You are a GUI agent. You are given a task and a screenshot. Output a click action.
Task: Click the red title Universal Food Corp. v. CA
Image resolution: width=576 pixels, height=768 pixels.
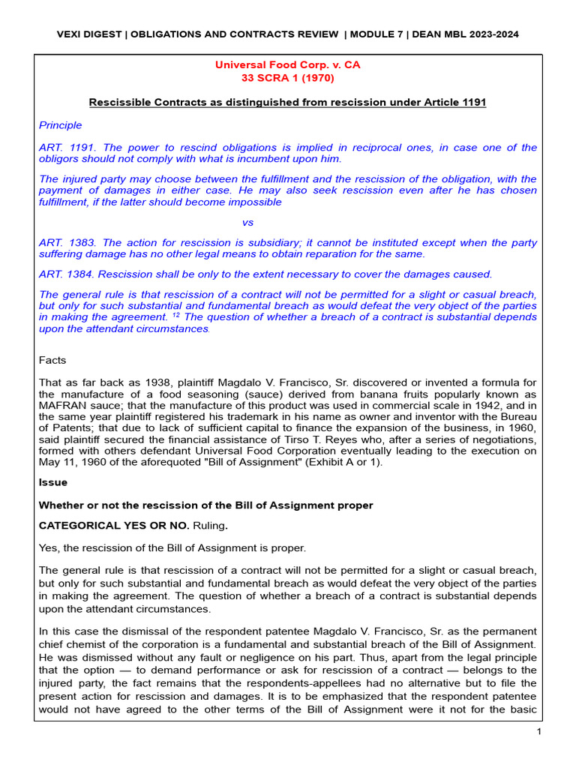click(x=287, y=65)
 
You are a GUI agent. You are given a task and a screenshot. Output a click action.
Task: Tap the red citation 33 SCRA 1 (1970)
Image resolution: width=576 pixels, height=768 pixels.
click(x=287, y=78)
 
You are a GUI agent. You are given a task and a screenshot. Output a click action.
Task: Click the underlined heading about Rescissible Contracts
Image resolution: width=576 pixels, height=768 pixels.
click(x=287, y=102)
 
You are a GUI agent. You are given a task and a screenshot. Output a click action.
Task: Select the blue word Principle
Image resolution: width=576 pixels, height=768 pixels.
click(x=60, y=125)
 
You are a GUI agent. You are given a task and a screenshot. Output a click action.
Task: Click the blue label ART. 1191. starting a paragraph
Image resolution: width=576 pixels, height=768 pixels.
click(x=65, y=148)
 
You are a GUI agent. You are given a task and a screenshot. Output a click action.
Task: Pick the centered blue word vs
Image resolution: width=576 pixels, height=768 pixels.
click(x=248, y=223)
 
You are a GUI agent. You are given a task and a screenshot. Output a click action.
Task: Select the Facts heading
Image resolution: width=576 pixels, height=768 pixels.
click(x=52, y=360)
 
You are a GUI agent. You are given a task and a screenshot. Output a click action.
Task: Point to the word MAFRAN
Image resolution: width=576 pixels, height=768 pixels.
click(x=64, y=406)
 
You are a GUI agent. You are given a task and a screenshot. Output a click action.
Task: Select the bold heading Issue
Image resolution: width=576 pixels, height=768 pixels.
click(x=52, y=483)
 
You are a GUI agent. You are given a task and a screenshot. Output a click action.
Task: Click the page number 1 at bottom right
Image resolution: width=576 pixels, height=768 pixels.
click(x=538, y=733)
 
